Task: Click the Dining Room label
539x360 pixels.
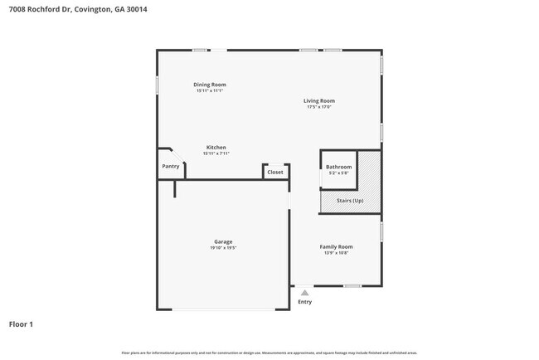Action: pyautogui.click(x=210, y=85)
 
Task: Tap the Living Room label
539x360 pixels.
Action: pyautogui.click(x=320, y=101)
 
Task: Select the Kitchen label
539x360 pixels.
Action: pyautogui.click(x=216, y=148)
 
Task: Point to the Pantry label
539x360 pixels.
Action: pyautogui.click(x=171, y=166)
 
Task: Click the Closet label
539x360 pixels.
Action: pyautogui.click(x=274, y=173)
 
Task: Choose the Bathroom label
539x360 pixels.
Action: pyautogui.click(x=338, y=167)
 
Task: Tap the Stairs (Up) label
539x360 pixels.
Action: pyautogui.click(x=350, y=201)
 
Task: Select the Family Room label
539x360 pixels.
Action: pyautogui.click(x=337, y=246)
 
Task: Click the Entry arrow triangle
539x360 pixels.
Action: pyautogui.click(x=305, y=293)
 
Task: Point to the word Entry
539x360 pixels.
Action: pyautogui.click(x=305, y=302)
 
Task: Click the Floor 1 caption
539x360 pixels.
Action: pyautogui.click(x=21, y=324)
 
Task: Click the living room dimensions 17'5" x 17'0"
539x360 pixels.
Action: pyautogui.click(x=320, y=107)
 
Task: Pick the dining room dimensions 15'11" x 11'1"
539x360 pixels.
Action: pyautogui.click(x=210, y=90)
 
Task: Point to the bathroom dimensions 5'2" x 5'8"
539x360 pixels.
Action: pyautogui.click(x=338, y=173)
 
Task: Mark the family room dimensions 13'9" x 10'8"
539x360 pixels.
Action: pyautogui.click(x=337, y=252)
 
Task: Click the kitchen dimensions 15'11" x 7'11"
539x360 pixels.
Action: pyautogui.click(x=216, y=153)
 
